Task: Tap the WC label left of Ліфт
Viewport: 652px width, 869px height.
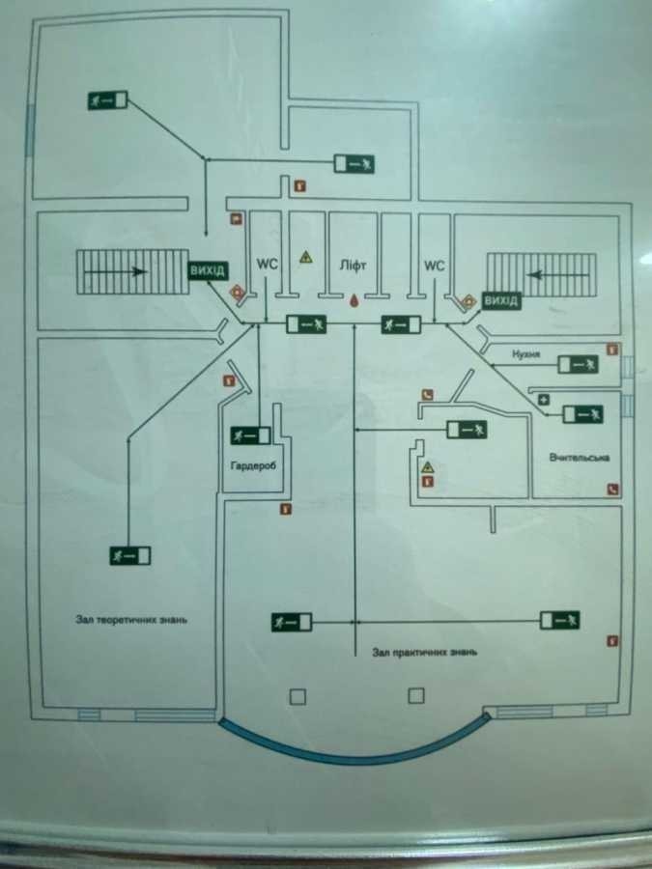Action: pos(267,263)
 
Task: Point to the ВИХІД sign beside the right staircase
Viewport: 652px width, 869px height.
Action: pos(500,301)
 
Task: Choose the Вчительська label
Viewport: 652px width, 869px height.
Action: pos(578,458)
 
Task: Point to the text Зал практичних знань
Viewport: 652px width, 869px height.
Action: pos(423,652)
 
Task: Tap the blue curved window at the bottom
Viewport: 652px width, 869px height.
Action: pos(353,747)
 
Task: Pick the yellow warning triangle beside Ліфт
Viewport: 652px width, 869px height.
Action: pos(305,257)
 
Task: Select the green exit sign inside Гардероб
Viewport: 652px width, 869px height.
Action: pos(250,434)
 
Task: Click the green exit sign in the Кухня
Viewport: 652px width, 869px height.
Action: pos(579,364)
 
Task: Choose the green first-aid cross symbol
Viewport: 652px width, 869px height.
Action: pos(544,398)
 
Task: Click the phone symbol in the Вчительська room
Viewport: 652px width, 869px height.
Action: pos(611,489)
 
